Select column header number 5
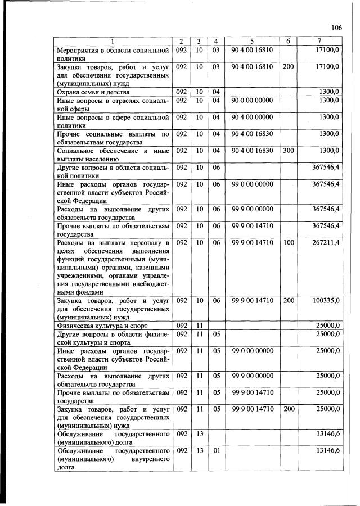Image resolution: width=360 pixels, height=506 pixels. tap(252, 42)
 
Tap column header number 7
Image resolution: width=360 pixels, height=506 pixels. tap(319, 42)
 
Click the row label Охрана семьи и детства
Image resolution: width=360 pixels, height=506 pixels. tap(93, 92)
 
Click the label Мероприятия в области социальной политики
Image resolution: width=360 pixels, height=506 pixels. tap(113, 54)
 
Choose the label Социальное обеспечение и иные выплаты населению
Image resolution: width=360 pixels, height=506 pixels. tap(113, 155)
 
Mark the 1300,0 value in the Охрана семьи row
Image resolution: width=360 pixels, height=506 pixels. tap(328, 92)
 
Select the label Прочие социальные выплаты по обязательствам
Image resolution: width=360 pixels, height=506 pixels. tap(113, 138)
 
